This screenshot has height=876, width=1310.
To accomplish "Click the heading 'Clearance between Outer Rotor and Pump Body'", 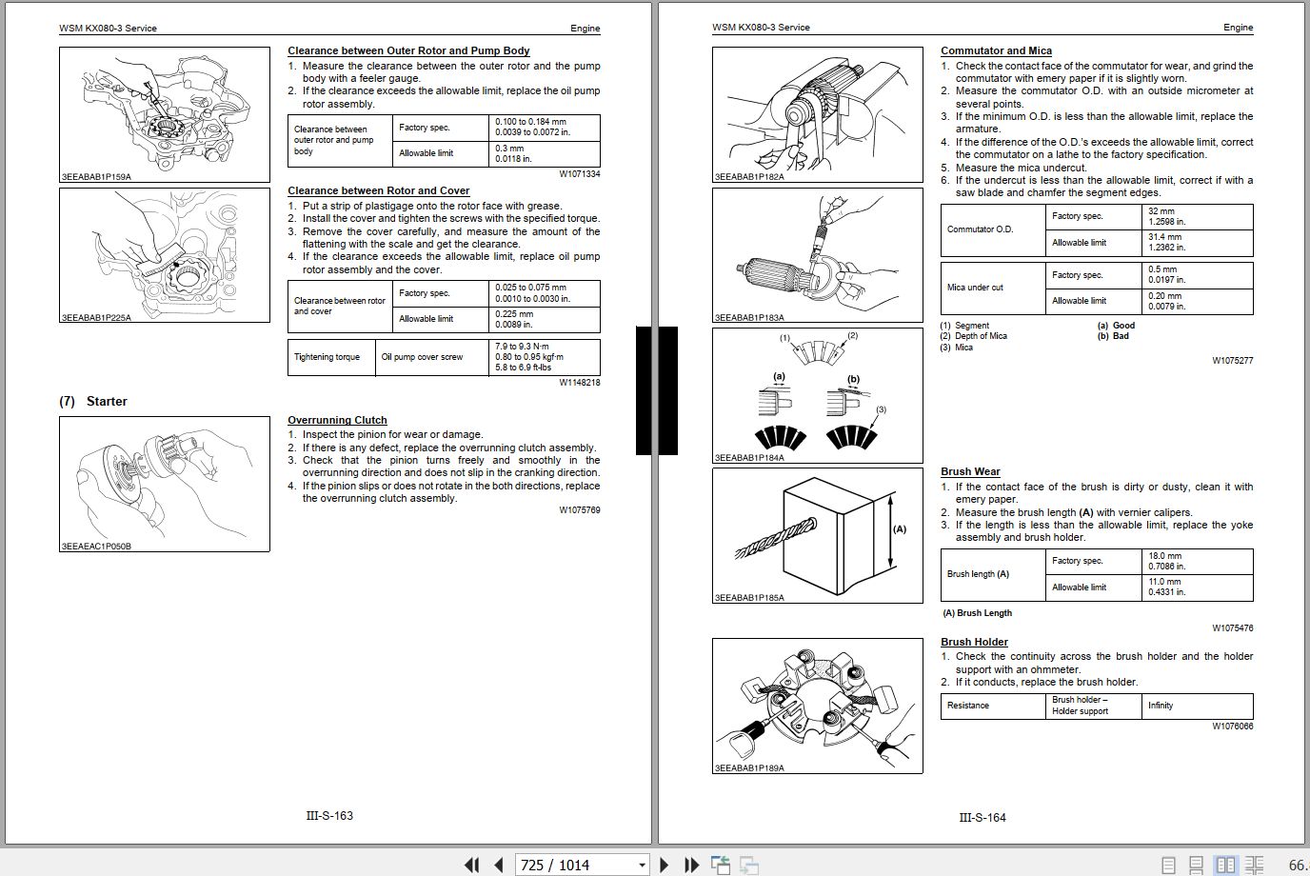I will click(408, 51).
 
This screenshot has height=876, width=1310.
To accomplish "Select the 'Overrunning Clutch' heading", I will click(337, 420).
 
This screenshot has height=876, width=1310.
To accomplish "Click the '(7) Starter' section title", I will click(93, 402).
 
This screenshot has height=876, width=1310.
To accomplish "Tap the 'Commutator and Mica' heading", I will click(996, 51).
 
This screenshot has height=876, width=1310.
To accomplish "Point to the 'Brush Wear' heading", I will click(970, 471).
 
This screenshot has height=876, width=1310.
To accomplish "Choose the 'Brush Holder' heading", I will click(974, 642).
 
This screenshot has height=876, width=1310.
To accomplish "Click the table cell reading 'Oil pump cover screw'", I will click(422, 357).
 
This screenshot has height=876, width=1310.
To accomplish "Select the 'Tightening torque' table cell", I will click(327, 357).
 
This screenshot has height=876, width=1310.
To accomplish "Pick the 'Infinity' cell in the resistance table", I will click(1161, 706).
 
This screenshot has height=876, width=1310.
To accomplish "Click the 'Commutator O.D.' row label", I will click(980, 229).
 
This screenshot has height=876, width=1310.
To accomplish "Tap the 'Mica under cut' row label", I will click(975, 288).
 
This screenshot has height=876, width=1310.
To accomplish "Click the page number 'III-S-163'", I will click(329, 816).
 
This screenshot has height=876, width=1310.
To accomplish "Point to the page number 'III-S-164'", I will click(982, 817).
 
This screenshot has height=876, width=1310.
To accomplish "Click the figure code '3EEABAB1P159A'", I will click(96, 177).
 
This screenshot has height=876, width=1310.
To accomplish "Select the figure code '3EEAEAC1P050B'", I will click(96, 547).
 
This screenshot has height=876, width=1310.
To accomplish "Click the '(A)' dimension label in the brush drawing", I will click(899, 529).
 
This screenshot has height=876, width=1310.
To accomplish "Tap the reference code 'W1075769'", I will click(579, 510).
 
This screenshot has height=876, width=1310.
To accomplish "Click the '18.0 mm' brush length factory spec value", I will click(1166, 556).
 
